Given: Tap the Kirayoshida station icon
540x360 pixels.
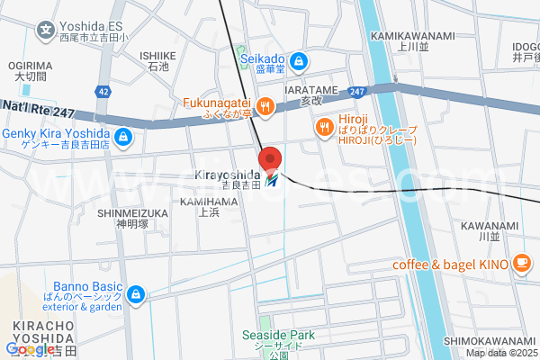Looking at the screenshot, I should (x=272, y=180).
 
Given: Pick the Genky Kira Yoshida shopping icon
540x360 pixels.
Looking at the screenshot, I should (x=124, y=139).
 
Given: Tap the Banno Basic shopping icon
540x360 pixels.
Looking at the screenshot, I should (x=136, y=294).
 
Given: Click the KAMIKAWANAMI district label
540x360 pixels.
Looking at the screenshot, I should (x=400, y=35).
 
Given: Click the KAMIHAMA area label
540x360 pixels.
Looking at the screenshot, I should (x=209, y=204).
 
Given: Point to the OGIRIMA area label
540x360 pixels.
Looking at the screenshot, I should (x=31, y=66).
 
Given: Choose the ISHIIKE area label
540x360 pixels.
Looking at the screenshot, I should (x=157, y=55).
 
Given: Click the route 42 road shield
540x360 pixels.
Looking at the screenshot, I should (x=105, y=92).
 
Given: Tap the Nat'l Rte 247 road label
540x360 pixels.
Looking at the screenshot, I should (x=38, y=108).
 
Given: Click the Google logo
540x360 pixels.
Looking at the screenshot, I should (x=29, y=348).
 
